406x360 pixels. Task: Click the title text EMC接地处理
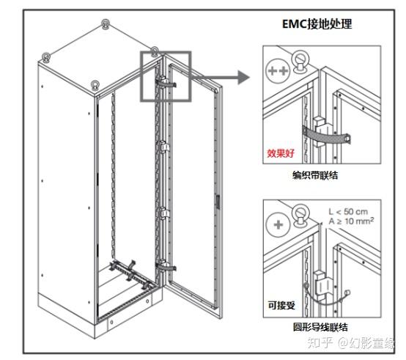tap(317, 24)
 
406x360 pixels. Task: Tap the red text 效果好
tap(281, 153)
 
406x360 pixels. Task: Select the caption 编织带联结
tap(315, 175)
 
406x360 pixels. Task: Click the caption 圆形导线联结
tap(320, 327)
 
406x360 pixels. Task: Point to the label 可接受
tap(281, 305)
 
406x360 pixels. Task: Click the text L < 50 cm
tap(348, 212)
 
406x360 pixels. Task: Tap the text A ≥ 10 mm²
tap(351, 221)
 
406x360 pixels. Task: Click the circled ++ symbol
tap(278, 70)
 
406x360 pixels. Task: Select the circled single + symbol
tap(278, 225)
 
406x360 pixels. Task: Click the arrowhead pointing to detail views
tap(243, 77)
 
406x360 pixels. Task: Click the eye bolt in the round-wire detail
tap(300, 215)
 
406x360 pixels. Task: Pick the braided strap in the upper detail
tap(326, 136)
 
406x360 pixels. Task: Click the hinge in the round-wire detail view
tap(322, 285)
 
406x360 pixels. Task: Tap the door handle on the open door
tap(218, 202)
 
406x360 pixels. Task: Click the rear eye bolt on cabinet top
tap(105, 24)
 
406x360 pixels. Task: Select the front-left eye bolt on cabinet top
tap(47, 57)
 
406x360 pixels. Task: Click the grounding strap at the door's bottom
tap(166, 266)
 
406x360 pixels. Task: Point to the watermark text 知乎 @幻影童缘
tap(350, 342)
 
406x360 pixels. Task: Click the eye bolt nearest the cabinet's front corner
tap(95, 86)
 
